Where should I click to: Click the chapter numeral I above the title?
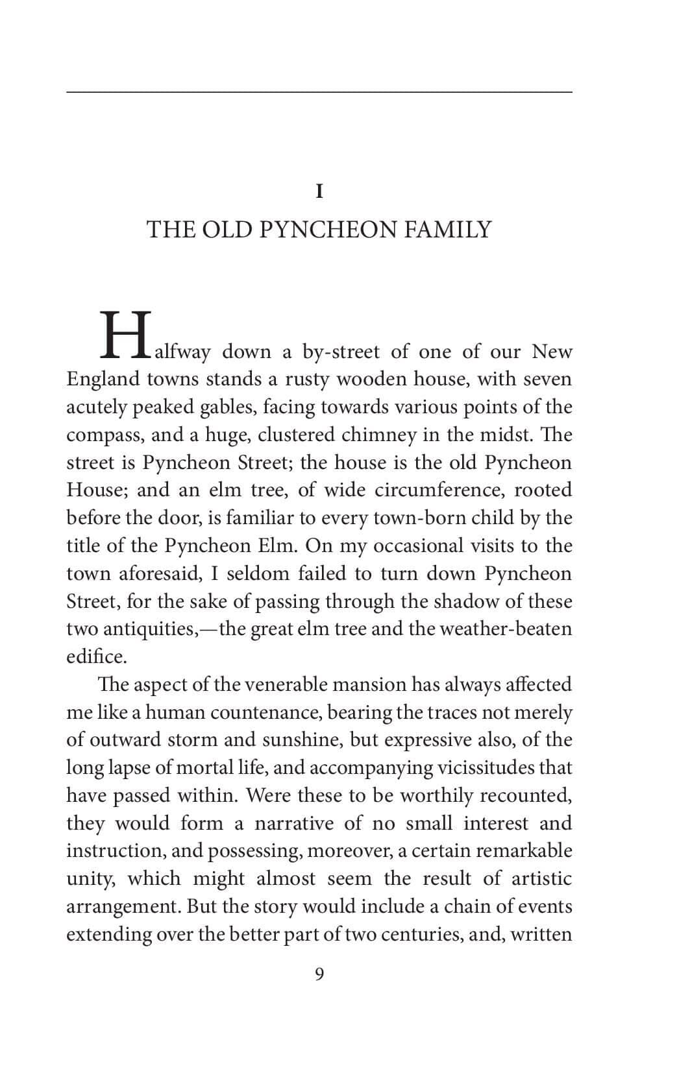319,192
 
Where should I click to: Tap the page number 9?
319,974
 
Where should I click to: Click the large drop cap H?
125,336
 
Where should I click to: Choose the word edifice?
96,657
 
